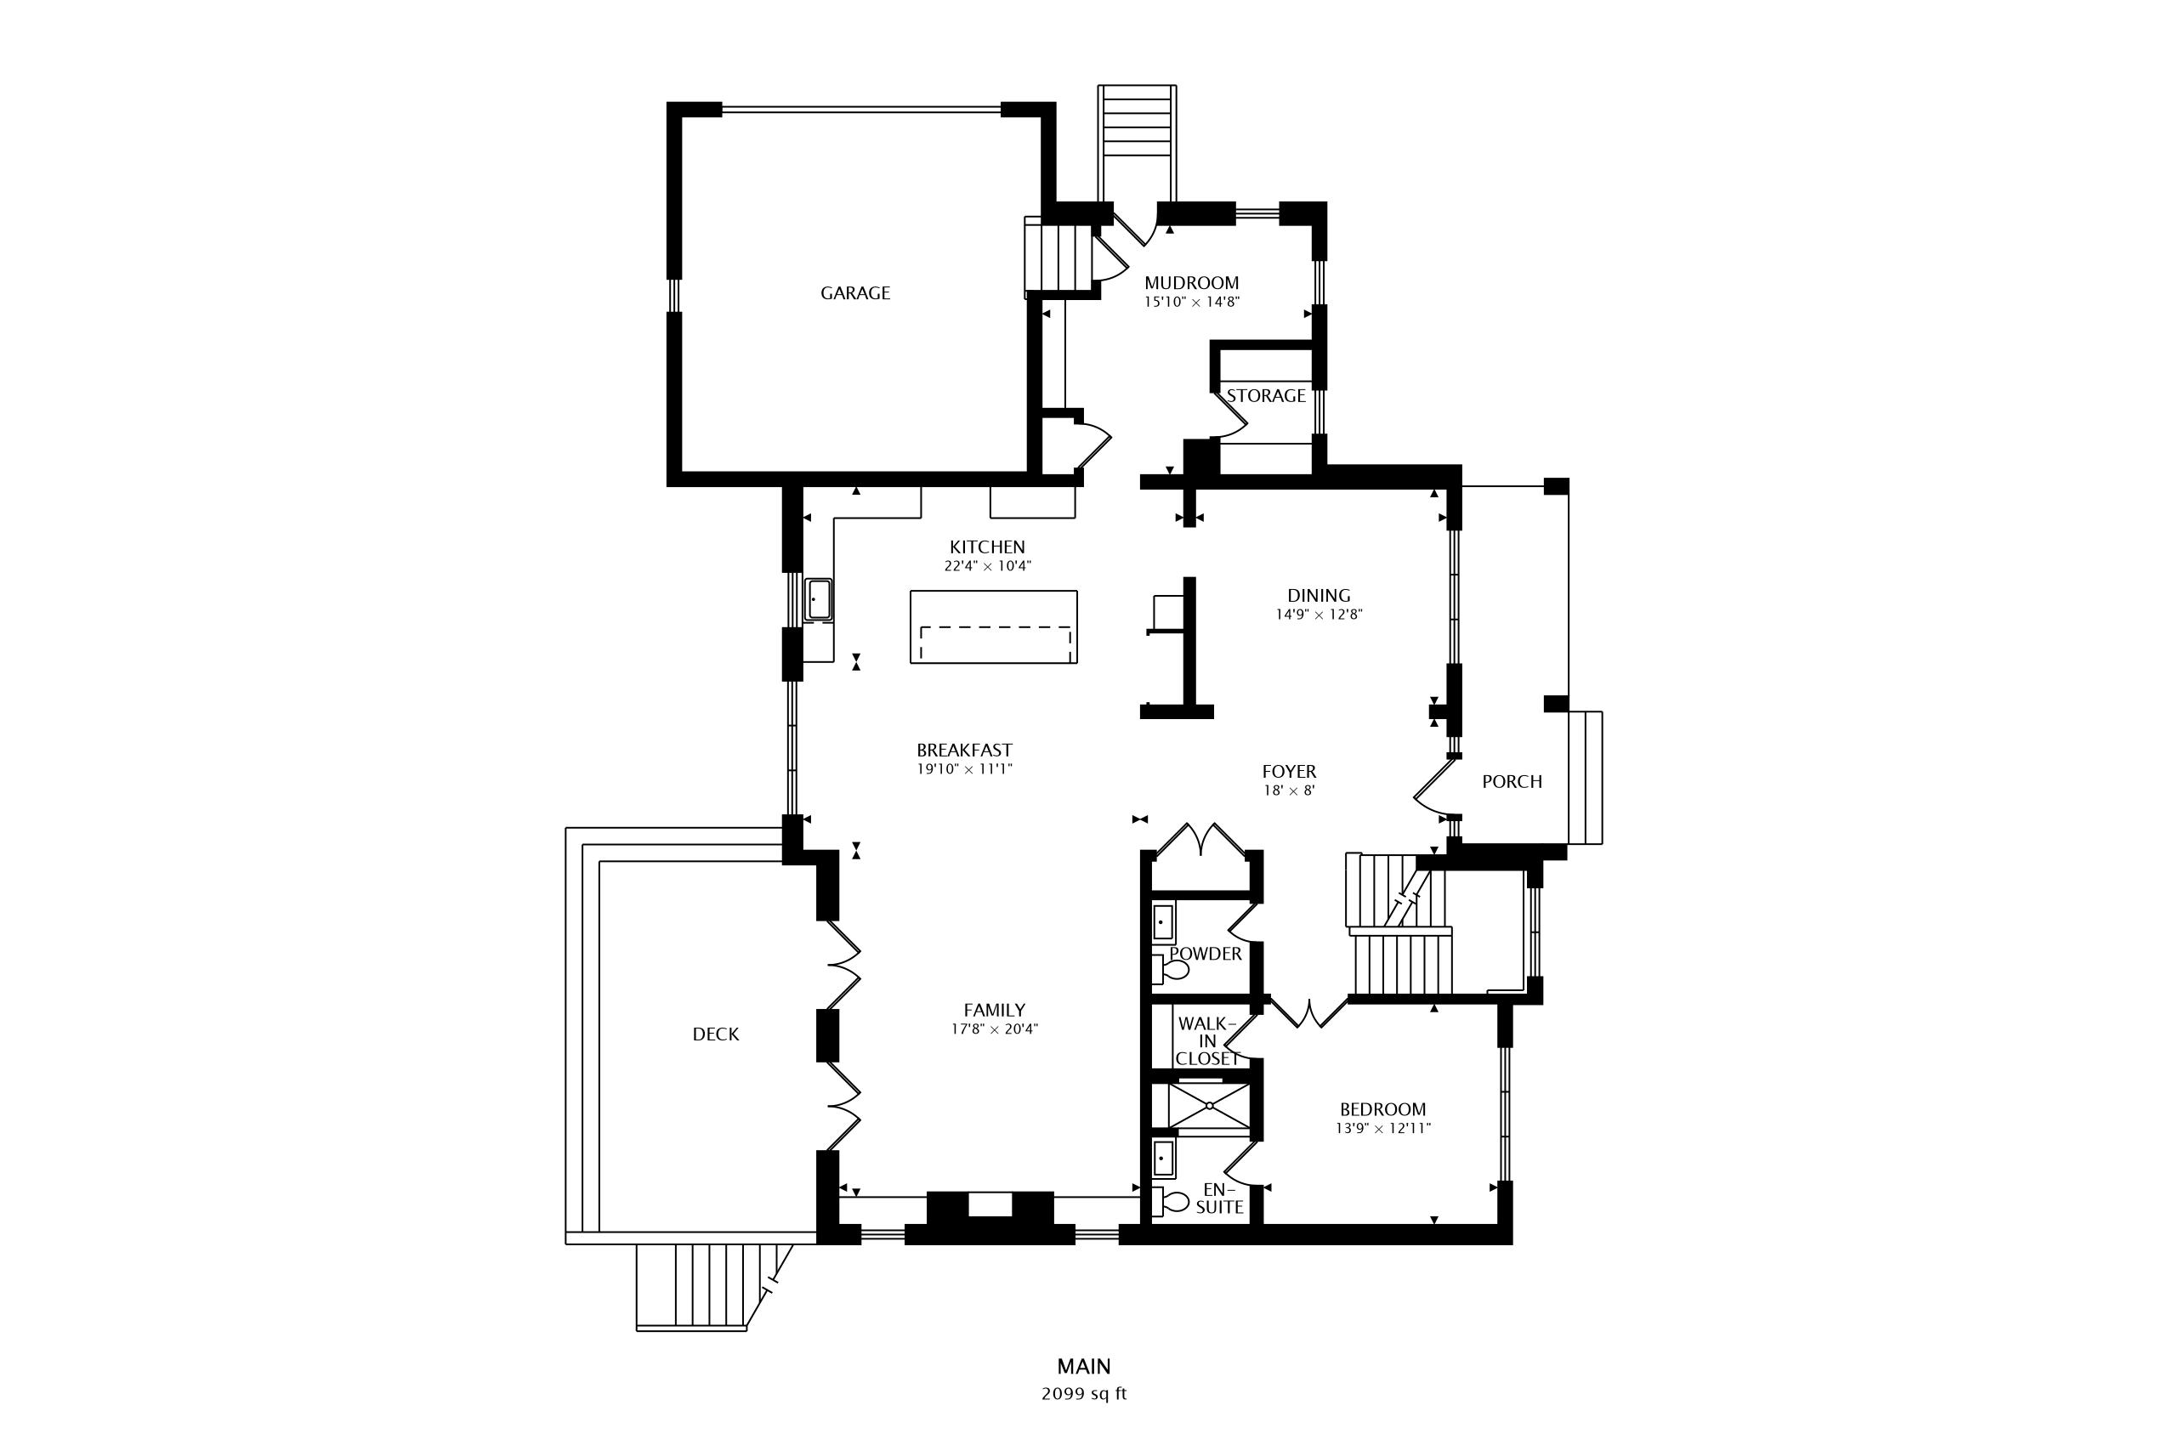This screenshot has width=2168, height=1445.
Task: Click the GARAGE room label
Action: [x=855, y=293]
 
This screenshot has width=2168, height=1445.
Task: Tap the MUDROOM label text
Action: [x=1192, y=283]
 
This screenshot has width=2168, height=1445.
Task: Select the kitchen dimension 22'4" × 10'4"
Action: [x=987, y=566]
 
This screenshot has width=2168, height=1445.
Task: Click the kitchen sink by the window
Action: [x=819, y=599]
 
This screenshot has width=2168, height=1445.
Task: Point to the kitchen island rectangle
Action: [x=994, y=626]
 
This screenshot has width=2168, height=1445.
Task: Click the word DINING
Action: [x=1319, y=595]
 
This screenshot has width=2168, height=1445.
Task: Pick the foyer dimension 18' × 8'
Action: [x=1289, y=790]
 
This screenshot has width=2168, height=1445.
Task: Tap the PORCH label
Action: [x=1512, y=781]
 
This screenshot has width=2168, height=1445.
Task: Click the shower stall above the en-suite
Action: [x=1208, y=1106]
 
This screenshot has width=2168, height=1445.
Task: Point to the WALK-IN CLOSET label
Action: [x=1207, y=1041]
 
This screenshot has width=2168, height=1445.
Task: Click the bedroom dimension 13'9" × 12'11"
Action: [x=1382, y=1128]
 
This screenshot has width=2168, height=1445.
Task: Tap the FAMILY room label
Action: [x=995, y=1010]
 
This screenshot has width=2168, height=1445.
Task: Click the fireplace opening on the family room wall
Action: [x=990, y=1204]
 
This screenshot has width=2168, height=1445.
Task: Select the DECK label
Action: [x=715, y=1034]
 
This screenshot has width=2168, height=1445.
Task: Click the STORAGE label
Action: [x=1266, y=395]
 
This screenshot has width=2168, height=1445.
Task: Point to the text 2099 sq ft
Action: [x=1084, y=1393]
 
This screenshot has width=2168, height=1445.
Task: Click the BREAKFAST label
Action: [x=964, y=751]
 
